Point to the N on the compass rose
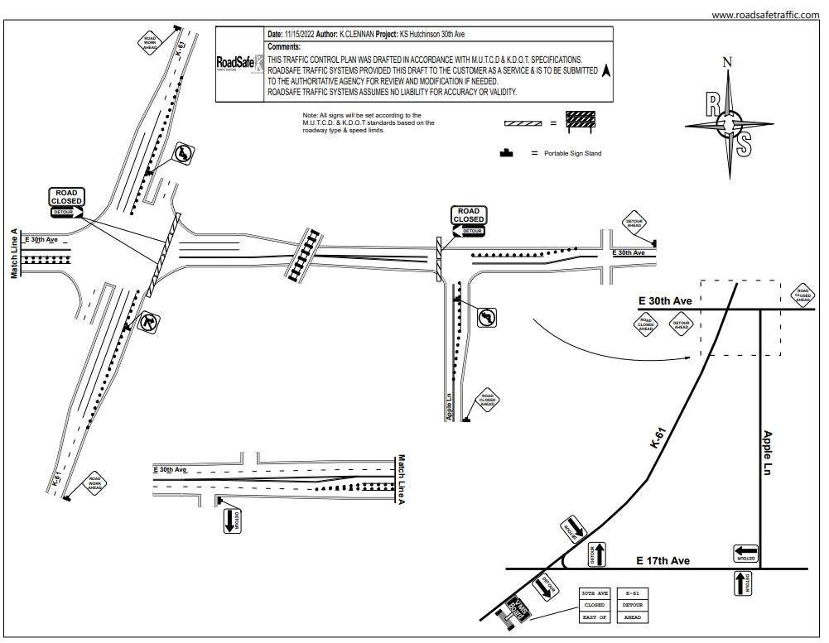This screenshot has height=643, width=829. coord(727,61)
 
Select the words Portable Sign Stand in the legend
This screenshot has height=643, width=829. coord(572,154)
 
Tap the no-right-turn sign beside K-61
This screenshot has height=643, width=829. coord(147,320)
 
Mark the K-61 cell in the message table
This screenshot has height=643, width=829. coord(633,593)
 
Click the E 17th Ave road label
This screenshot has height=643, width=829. coord(663,561)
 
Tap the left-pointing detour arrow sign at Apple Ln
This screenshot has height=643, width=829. coord(746,552)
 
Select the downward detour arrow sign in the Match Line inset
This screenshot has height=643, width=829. coord(233,521)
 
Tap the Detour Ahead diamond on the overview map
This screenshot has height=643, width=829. coord(681,325)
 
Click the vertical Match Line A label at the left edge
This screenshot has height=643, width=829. coord(14,253)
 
